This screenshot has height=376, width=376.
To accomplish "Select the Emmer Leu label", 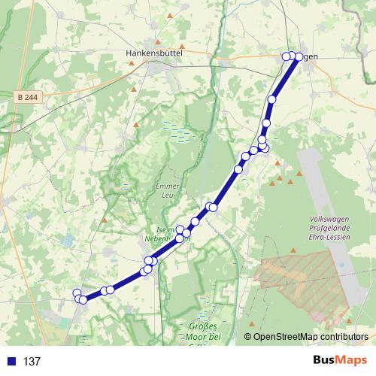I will pos(163,190).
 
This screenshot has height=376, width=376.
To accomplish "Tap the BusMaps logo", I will pos(337,361).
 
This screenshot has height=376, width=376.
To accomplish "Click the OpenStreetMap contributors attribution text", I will pos(311,338).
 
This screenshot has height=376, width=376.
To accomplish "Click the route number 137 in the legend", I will pos(32,362).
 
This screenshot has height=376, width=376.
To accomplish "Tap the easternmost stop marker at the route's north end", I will pos(299,57).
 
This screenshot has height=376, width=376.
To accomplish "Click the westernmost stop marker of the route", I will pos(76,293).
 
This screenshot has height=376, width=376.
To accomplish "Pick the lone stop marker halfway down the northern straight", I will pos(272,99).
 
